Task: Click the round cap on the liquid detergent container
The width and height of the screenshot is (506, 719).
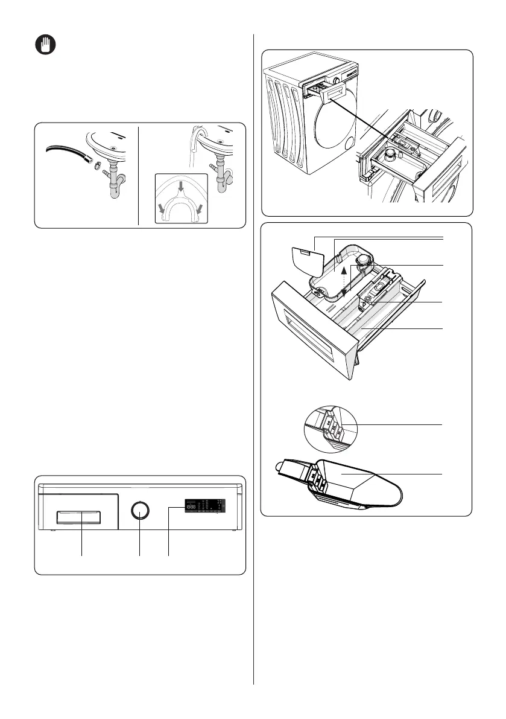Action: pos(364,261)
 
